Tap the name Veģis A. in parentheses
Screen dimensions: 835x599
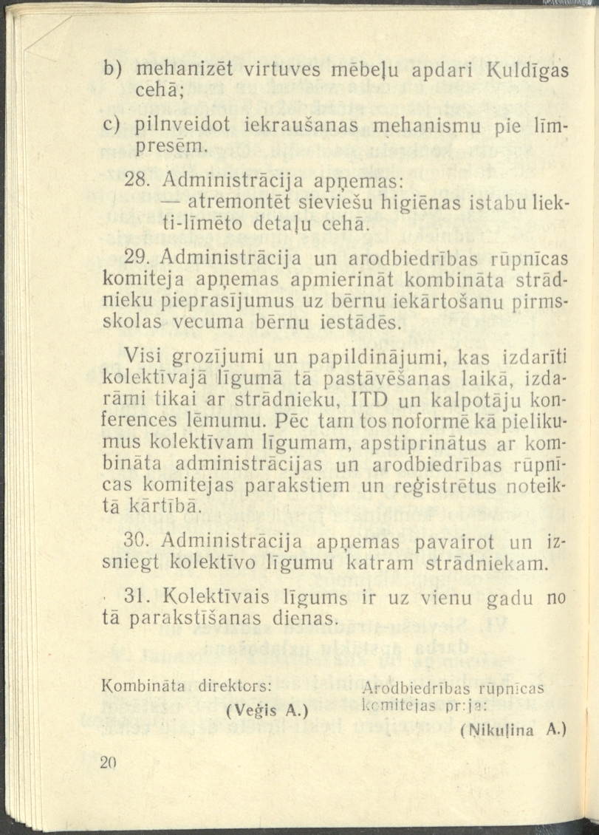266,711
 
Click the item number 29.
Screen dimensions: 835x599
140,258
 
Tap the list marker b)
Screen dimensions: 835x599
111,70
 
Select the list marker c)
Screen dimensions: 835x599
111,126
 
